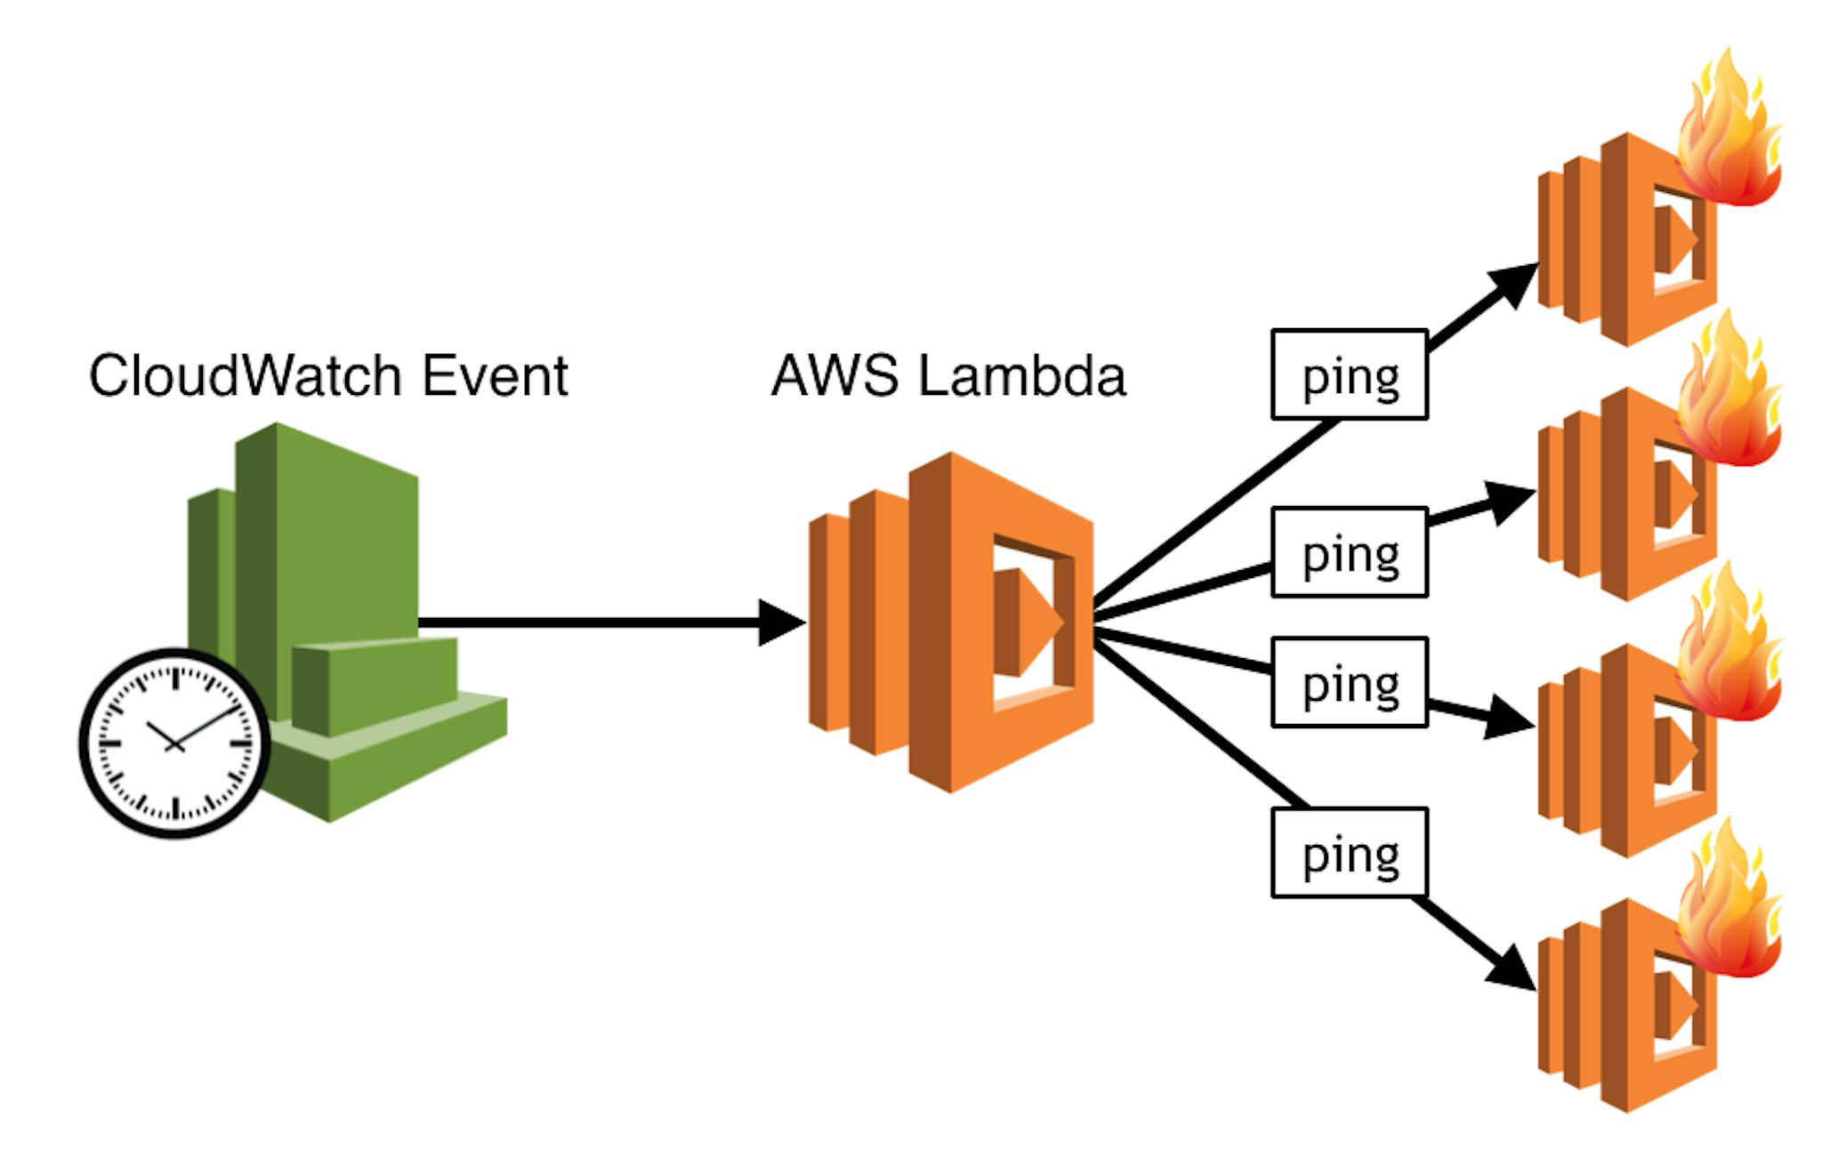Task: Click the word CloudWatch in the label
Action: coord(246,374)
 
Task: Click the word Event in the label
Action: coord(495,374)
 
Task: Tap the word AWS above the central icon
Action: coord(834,374)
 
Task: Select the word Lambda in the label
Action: coord(1022,374)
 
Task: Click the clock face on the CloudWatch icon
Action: coord(174,743)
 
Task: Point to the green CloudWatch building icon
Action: coord(347,623)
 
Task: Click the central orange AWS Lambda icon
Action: coord(951,623)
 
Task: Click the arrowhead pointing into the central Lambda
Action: coord(783,623)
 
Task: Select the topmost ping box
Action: coord(1350,374)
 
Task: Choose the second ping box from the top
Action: coord(1350,551)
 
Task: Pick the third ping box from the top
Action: coord(1350,682)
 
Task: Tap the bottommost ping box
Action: coord(1350,853)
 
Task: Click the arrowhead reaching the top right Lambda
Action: coord(1515,283)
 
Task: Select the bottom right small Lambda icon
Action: coord(1628,1005)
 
